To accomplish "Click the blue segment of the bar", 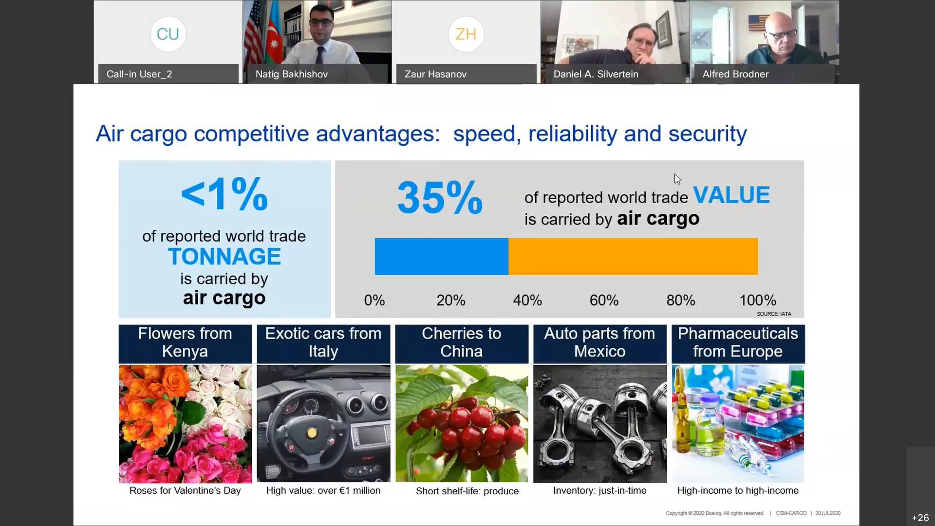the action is (x=441, y=256).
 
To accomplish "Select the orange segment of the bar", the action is (x=633, y=256).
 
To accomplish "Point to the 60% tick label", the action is (x=604, y=300).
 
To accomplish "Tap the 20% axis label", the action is (x=450, y=300).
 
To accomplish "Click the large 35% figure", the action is (x=440, y=197).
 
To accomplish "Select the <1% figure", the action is (x=224, y=194).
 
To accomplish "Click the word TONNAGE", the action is (x=224, y=257).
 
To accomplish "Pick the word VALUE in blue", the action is (x=731, y=195).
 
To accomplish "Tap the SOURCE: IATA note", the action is (x=774, y=314).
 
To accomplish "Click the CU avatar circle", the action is (x=168, y=34).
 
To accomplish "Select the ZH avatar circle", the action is (x=466, y=34).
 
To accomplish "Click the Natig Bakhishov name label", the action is (x=292, y=74).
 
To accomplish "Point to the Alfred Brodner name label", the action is (x=735, y=74).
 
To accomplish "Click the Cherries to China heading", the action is (x=462, y=342).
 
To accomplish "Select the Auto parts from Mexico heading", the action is (x=600, y=342).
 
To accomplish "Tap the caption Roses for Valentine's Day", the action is (x=185, y=490).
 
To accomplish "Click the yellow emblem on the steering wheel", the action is (x=312, y=432).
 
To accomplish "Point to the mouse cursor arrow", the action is (x=677, y=179).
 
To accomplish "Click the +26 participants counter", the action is (x=920, y=518).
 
